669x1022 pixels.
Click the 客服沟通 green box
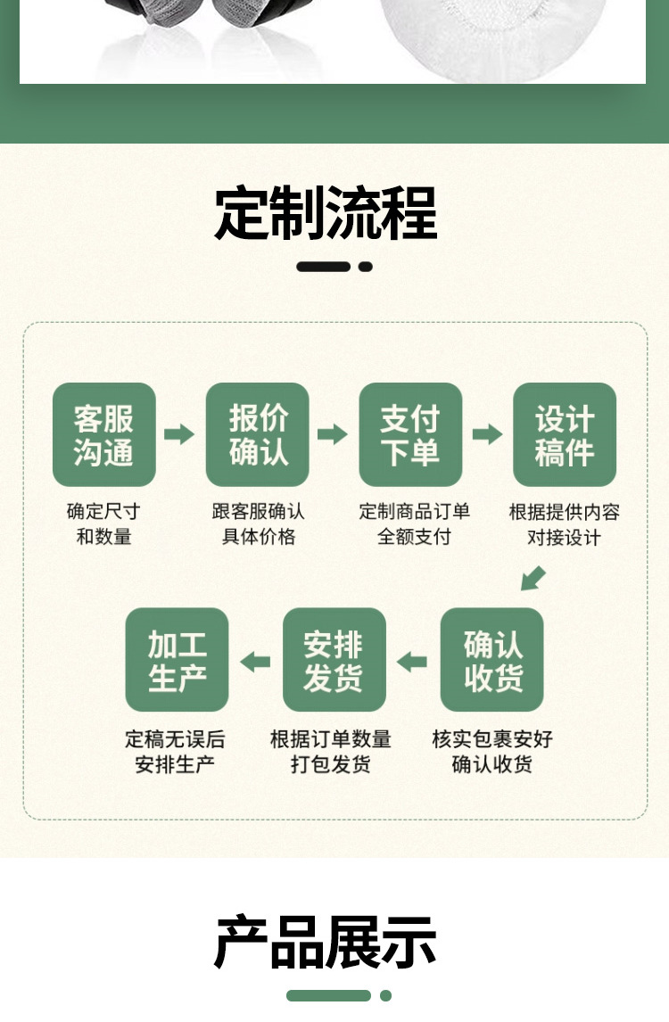tap(104, 434)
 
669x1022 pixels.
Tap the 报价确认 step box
tap(258, 434)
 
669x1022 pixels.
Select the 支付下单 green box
tap(410, 434)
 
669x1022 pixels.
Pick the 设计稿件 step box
tap(565, 434)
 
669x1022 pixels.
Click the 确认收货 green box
tap(492, 660)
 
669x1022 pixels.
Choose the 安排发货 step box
tap(334, 660)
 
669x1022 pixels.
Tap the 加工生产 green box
tap(177, 660)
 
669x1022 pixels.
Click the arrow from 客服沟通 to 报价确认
tap(179, 434)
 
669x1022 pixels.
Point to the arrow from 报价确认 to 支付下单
tap(333, 434)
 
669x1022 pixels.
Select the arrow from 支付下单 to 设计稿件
tap(487, 434)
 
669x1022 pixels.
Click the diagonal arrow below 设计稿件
tap(533, 578)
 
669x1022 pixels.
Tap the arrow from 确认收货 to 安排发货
tap(412, 662)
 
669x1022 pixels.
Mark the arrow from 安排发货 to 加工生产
tap(255, 662)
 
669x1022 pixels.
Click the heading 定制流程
tap(326, 213)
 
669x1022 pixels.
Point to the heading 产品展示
tap(326, 942)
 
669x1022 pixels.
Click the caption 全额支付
tap(414, 537)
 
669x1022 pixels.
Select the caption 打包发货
tap(330, 764)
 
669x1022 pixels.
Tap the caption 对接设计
tap(564, 537)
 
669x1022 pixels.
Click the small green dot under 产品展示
tap(385, 995)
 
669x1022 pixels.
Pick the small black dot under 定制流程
tap(366, 266)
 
